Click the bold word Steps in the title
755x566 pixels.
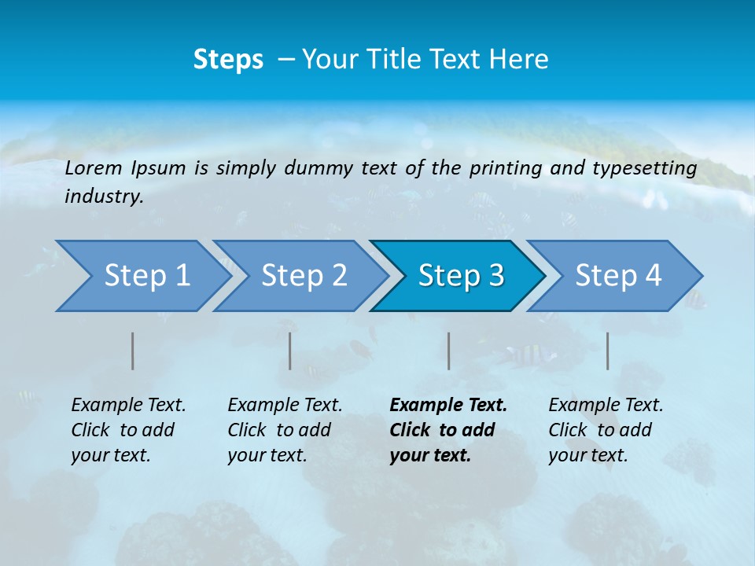(x=228, y=60)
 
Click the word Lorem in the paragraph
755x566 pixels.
(x=94, y=167)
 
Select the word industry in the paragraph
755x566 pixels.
(x=103, y=197)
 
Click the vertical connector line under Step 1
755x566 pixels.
(x=133, y=351)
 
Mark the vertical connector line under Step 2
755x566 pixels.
(x=290, y=351)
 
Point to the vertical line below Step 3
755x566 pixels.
(x=448, y=351)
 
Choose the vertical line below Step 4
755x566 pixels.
(x=607, y=351)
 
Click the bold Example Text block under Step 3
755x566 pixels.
(x=447, y=430)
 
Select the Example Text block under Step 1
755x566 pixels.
(x=128, y=430)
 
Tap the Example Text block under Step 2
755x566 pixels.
(x=285, y=430)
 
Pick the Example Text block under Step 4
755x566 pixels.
(x=606, y=430)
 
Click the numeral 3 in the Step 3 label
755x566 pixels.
(x=495, y=276)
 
